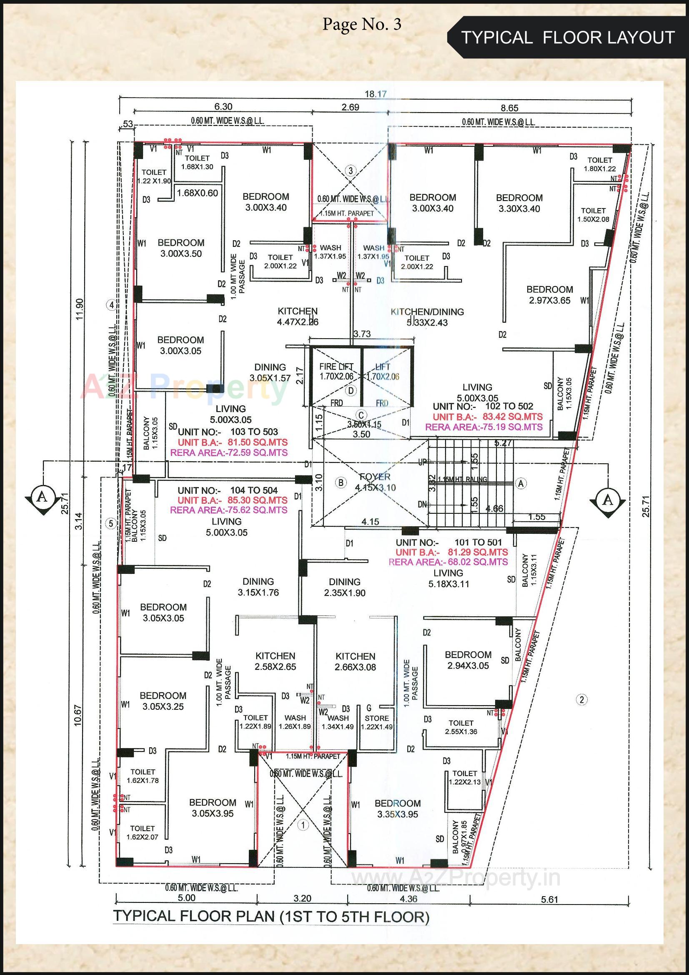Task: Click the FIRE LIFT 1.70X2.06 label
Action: point(336,371)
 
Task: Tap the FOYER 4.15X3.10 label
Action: point(375,482)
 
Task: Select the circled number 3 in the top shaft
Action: point(350,171)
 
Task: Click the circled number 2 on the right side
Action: point(581,699)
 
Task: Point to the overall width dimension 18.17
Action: point(376,94)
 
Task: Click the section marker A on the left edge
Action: point(42,497)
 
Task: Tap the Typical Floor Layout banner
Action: point(568,38)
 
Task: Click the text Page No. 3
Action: point(362,24)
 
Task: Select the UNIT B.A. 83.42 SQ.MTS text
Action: point(487,417)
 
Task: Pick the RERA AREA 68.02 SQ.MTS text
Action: point(448,562)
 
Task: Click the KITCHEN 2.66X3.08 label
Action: point(355,661)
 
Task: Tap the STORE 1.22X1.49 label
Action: point(376,722)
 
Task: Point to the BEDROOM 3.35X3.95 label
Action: point(397,809)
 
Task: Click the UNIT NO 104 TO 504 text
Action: point(228,490)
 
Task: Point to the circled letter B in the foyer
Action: point(341,482)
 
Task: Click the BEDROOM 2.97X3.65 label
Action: point(549,295)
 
